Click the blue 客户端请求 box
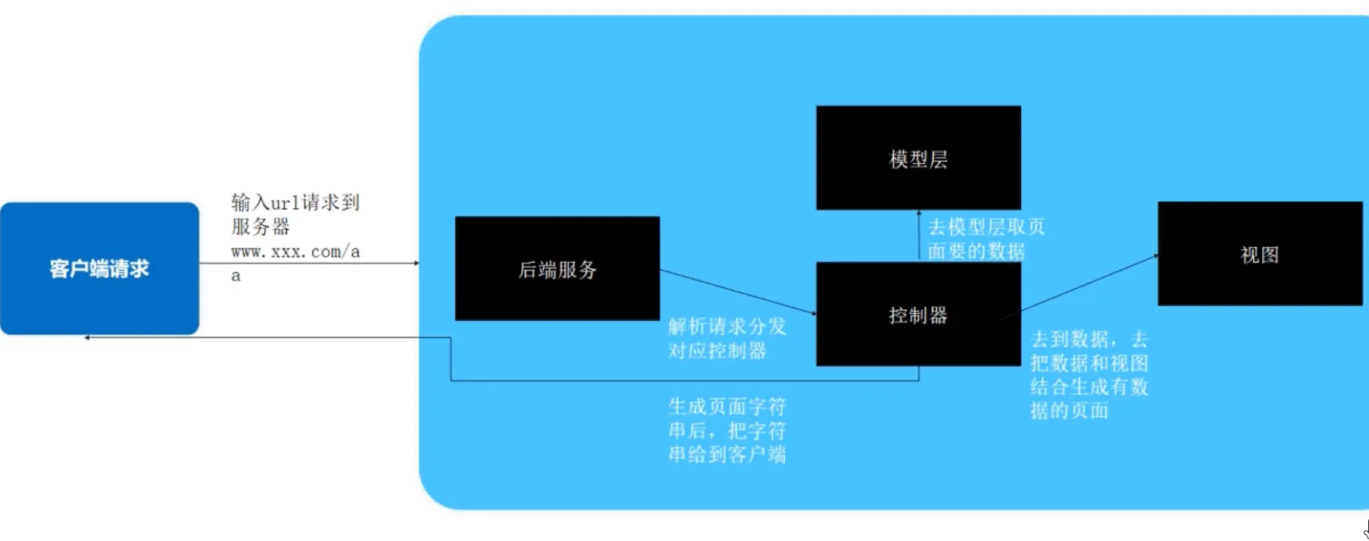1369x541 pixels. coord(99,268)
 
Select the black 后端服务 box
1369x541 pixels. coord(557,269)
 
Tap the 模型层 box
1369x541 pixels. coord(918,158)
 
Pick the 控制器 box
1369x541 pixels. coord(918,314)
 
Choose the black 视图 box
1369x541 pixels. coord(1259,254)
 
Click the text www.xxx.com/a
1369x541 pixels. coord(295,252)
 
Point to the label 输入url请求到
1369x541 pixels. coord(295,202)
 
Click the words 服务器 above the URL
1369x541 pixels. coord(261,227)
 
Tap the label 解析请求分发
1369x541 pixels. coord(727,327)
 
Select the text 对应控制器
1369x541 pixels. coord(717,351)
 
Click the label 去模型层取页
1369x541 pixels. coord(986,227)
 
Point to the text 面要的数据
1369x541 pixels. coord(976,251)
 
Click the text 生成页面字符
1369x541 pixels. coord(727,407)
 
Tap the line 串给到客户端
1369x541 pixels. coord(727,455)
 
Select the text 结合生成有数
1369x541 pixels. coord(1089,387)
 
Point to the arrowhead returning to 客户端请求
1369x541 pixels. coord(88,337)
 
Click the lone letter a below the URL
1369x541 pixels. coord(236,276)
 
